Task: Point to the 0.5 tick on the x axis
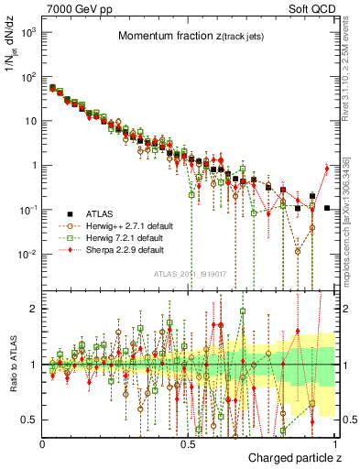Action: point(189,442)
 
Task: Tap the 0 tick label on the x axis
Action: point(43,442)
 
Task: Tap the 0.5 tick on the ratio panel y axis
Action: point(30,420)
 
